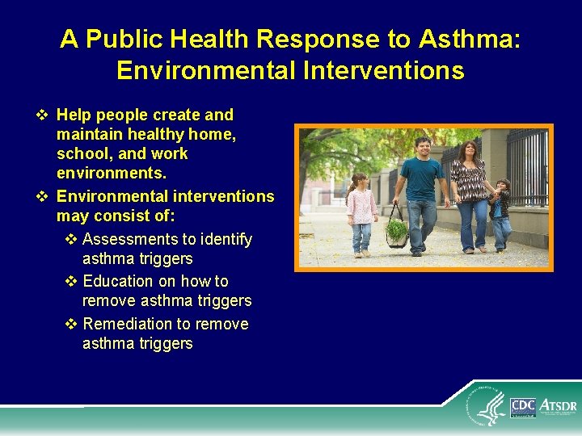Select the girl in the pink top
[360, 212]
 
